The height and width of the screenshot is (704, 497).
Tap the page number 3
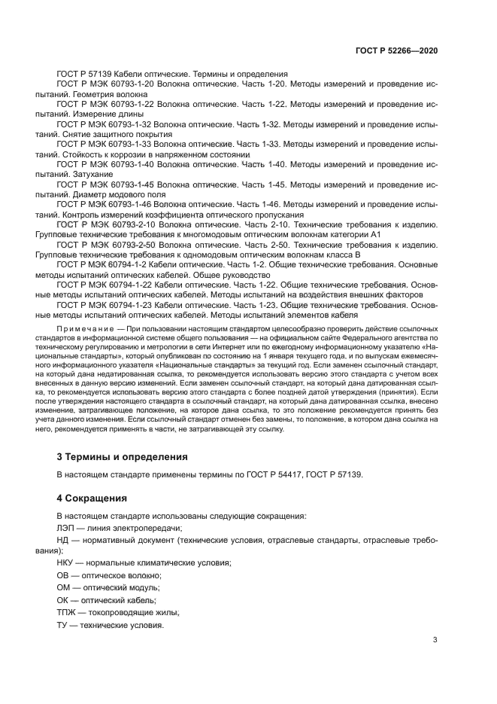435,640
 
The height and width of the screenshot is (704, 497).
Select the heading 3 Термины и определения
123,457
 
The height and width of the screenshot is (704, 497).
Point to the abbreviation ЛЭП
68,529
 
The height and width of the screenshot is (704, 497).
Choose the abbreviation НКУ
68,563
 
